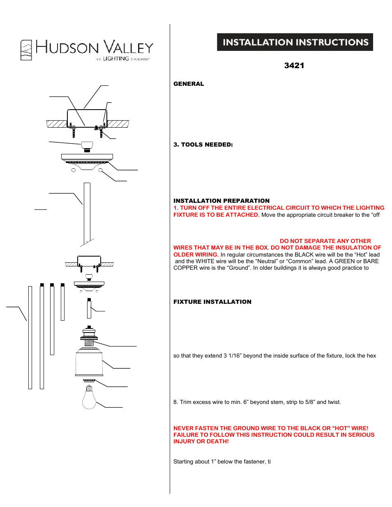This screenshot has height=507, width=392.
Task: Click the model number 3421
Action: click(294, 66)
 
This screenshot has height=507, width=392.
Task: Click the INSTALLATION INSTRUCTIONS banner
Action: click(295, 42)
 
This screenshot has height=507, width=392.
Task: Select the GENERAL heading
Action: click(189, 84)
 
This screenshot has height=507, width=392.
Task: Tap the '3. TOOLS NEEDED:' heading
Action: click(203, 145)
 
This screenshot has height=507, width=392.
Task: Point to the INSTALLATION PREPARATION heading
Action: click(221, 201)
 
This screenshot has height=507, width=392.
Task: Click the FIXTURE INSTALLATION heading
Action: click(212, 302)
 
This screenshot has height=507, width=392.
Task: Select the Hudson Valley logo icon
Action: click(26, 50)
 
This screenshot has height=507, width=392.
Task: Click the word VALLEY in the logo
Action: click(128, 48)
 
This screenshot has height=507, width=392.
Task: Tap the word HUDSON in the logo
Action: click(67, 48)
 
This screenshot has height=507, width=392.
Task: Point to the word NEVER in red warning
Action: click(184, 428)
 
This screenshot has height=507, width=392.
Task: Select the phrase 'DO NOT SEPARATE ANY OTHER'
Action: click(325, 241)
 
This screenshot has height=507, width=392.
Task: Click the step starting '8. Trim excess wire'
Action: click(257, 402)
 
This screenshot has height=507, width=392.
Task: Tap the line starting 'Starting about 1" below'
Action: click(222, 462)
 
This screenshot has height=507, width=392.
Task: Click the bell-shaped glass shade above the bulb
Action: click(89, 362)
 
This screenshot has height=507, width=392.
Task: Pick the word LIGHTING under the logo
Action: click(116, 59)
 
